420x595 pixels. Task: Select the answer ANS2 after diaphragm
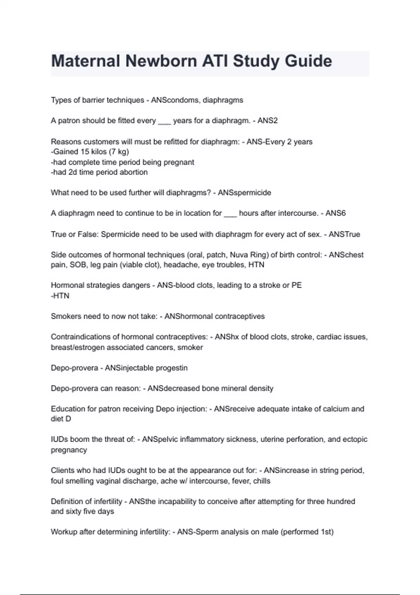267,121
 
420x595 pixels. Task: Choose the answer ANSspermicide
244,193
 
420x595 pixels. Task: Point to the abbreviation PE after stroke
296,285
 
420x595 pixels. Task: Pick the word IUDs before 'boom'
59,440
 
